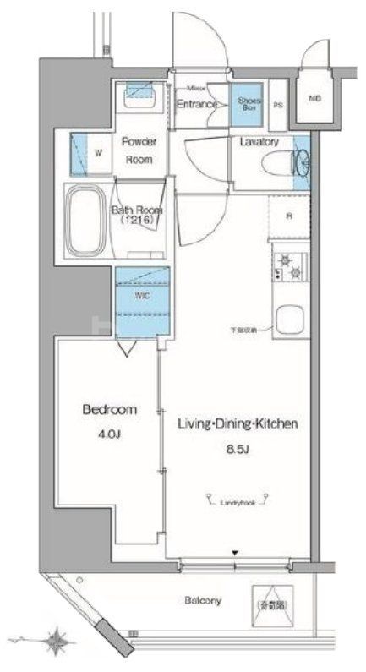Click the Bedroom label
click(109, 410)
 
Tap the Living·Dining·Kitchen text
click(237, 424)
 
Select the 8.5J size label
click(237, 449)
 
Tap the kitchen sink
click(289, 320)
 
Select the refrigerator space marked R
click(289, 216)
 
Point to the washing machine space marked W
click(98, 153)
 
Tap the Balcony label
click(203, 601)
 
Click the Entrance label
click(198, 104)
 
